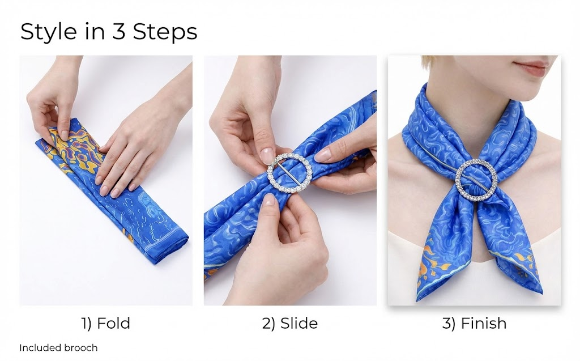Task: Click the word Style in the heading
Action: point(48,32)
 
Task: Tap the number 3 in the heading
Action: point(118,31)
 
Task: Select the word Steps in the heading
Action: point(165,32)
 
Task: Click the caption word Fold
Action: point(113,323)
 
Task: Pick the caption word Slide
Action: point(299,323)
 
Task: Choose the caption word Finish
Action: point(484,323)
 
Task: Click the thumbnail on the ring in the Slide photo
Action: point(267,155)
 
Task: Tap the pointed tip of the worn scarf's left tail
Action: point(417,300)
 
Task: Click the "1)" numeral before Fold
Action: point(87,323)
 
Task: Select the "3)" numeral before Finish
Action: point(449,323)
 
